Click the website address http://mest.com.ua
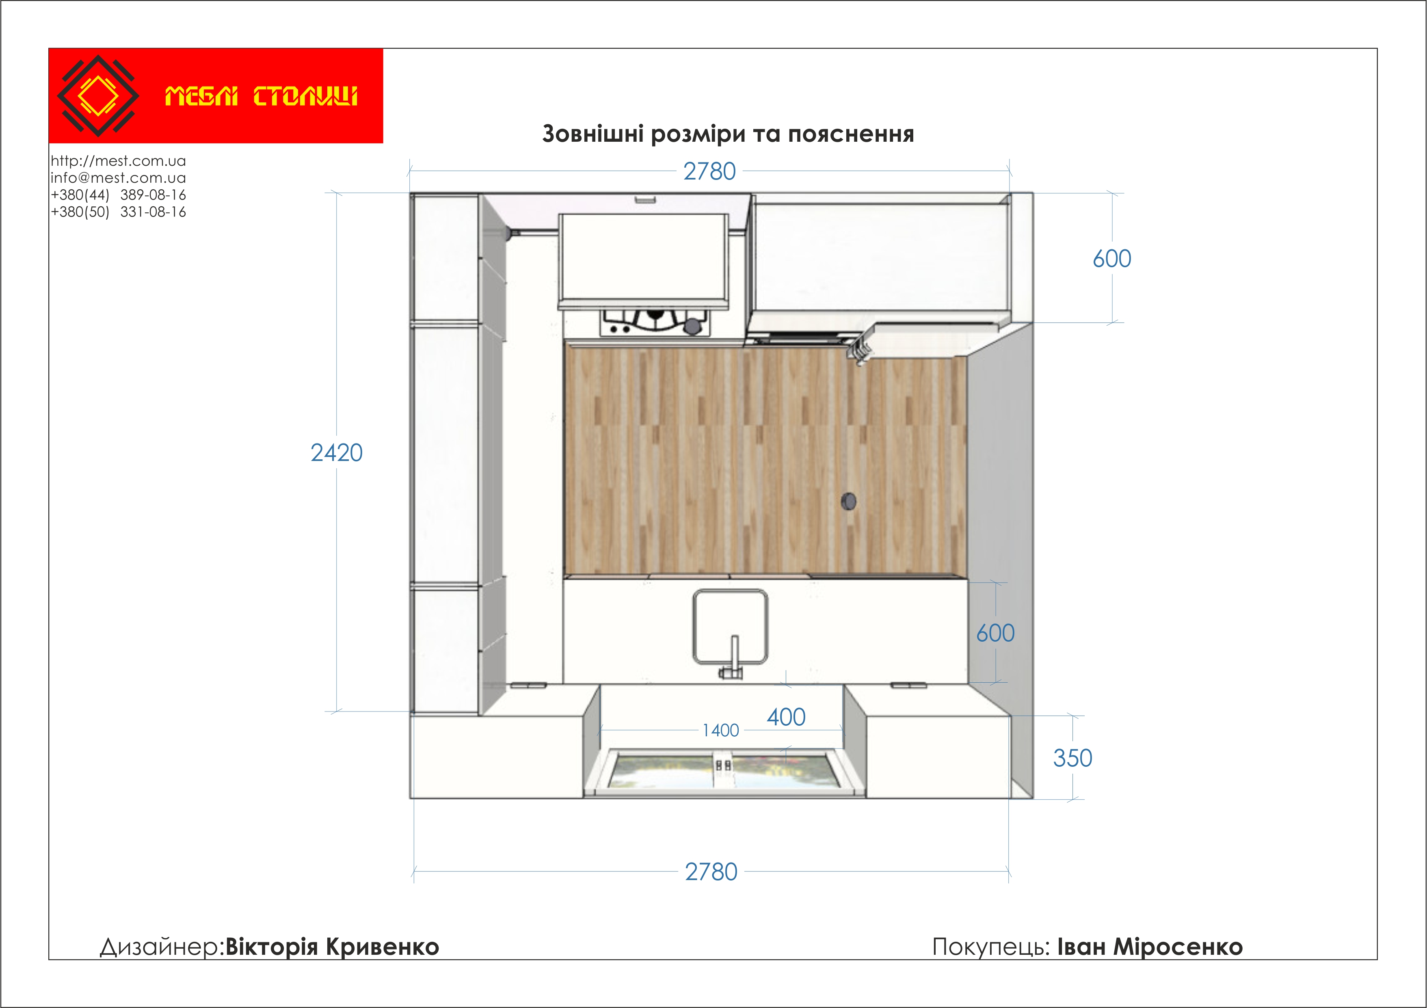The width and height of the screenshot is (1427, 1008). (x=118, y=161)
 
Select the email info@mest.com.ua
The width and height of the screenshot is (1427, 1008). (x=118, y=178)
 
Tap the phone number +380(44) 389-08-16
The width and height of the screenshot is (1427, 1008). (x=118, y=195)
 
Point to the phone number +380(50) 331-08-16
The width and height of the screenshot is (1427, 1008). (x=118, y=212)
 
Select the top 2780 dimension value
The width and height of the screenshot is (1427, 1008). (x=709, y=171)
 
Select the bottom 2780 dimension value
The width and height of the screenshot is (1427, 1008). (x=711, y=872)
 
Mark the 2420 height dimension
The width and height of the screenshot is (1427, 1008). (x=336, y=453)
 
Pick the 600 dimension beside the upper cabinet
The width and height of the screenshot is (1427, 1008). (x=1112, y=259)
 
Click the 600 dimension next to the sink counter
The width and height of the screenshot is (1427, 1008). (x=995, y=633)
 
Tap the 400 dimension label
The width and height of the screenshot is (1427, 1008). (x=786, y=717)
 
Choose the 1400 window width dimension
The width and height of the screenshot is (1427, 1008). (x=721, y=730)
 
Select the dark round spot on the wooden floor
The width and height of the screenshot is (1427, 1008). (x=848, y=501)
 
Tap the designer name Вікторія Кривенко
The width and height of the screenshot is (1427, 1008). (x=332, y=947)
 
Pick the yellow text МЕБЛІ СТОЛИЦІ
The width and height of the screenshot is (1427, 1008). (x=261, y=96)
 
